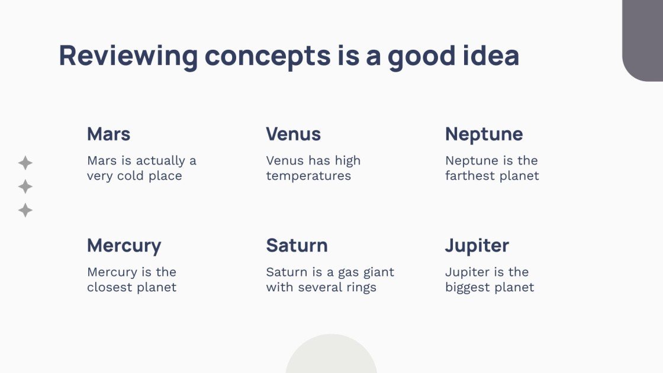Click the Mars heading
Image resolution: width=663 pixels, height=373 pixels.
(x=108, y=134)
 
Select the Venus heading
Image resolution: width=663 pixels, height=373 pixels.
(x=293, y=134)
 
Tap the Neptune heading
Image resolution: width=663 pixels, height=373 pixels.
(x=484, y=134)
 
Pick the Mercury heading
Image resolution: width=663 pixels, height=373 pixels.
(x=124, y=246)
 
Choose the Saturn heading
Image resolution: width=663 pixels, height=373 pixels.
(x=297, y=245)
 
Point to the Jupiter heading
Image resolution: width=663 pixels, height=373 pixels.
(x=477, y=246)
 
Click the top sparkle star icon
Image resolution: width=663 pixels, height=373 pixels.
(x=25, y=163)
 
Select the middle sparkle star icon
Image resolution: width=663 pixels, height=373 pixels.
(x=25, y=187)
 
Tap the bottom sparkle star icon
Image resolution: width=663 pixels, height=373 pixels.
(x=25, y=210)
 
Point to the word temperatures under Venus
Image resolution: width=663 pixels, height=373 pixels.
(x=308, y=176)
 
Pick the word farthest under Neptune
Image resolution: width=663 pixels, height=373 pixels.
(x=471, y=176)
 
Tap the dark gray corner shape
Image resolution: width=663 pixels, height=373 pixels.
(x=644, y=38)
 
